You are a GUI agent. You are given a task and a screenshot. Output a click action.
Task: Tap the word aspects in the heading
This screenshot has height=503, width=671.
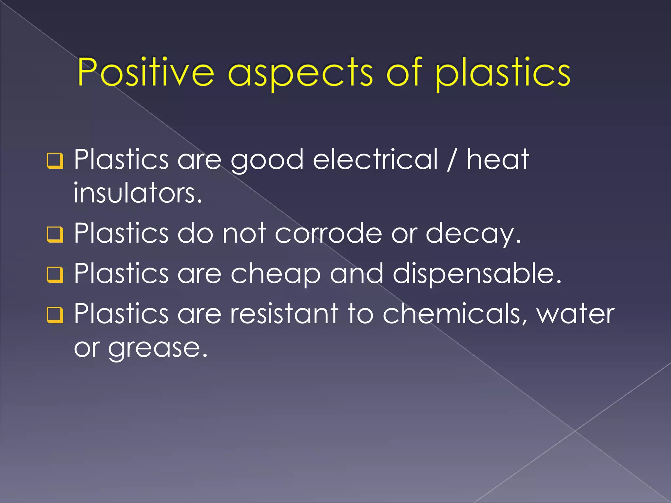pos(300,74)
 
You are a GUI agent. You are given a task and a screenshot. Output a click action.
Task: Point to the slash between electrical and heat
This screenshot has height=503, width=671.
pos(452,160)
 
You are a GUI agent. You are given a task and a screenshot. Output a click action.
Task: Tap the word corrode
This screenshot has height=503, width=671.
pos(328,233)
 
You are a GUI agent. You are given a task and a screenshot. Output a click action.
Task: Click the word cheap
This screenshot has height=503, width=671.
pos(276,274)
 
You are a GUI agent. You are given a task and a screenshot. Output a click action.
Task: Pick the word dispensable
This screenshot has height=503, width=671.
pos(477,274)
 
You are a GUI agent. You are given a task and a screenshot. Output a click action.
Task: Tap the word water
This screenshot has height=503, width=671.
pos(575,314)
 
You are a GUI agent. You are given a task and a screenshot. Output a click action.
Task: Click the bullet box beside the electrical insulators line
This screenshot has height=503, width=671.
pos(55,161)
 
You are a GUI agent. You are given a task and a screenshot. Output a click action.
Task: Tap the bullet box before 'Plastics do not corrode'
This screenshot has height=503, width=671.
pos(55,234)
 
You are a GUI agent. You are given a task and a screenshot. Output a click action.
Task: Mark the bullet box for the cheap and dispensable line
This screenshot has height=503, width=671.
pos(55,274)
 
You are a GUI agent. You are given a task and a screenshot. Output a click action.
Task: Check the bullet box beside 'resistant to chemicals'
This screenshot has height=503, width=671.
pos(55,315)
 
